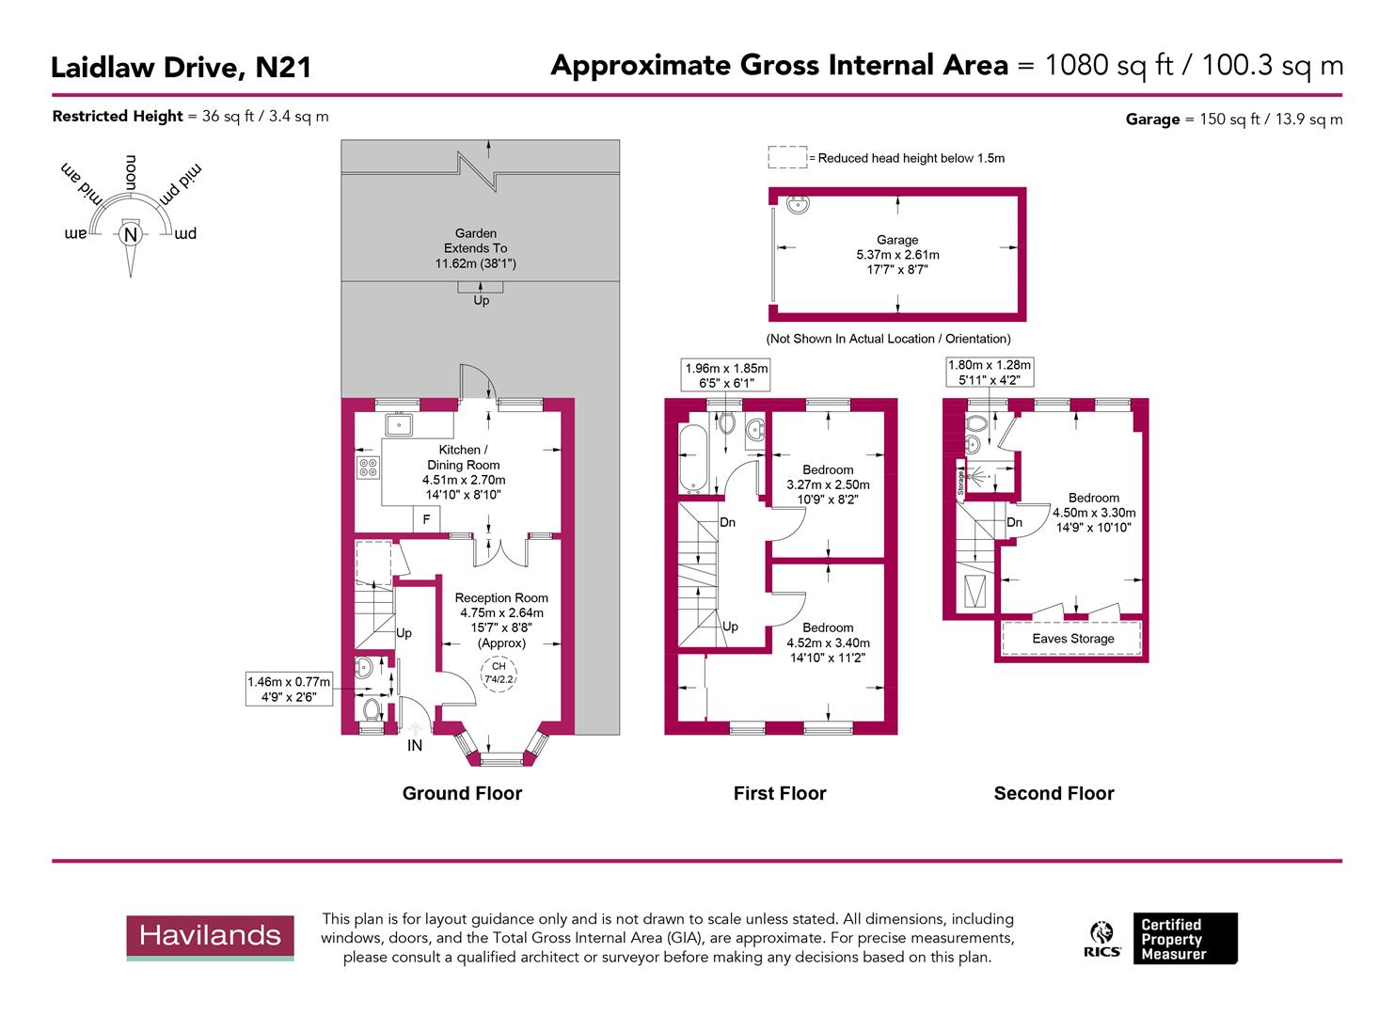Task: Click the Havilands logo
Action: [x=210, y=937]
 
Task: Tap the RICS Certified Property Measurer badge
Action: [x=1163, y=938]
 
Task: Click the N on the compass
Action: [x=130, y=234]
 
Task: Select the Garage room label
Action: [x=896, y=240]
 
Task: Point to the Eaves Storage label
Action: [x=1072, y=639]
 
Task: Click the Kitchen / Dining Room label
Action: [x=464, y=457]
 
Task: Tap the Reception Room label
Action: [x=500, y=598]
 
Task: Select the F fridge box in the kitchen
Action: [x=426, y=519]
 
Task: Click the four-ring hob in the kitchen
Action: [x=368, y=467]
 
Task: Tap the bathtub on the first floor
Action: [x=691, y=458]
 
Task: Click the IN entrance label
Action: [x=414, y=745]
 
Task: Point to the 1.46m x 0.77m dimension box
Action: [x=289, y=690]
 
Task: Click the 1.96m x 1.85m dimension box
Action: [x=726, y=375]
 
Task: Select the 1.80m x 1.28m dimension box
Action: [x=989, y=372]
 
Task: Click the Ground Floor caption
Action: [x=462, y=793]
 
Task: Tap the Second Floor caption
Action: [x=1053, y=793]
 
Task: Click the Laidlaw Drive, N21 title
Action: [x=181, y=68]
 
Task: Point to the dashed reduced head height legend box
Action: [x=787, y=157]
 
